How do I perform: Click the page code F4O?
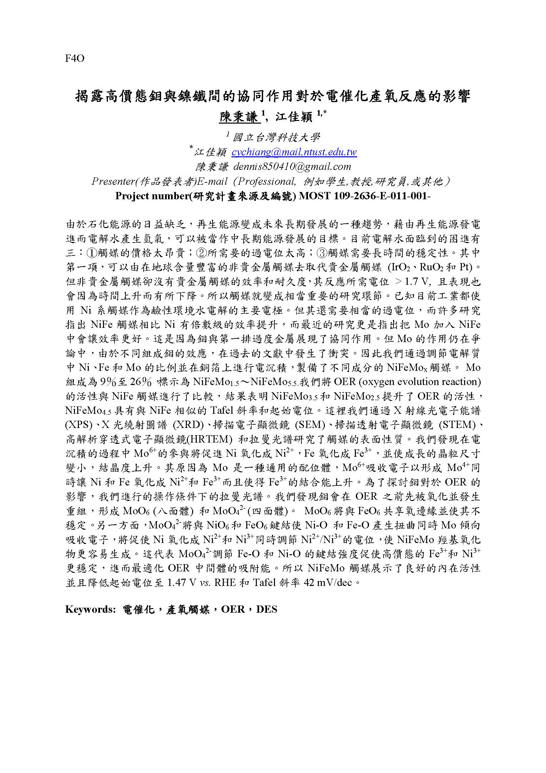[x=74, y=59]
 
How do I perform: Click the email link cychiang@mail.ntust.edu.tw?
[x=294, y=152]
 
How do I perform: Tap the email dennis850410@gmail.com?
[x=291, y=167]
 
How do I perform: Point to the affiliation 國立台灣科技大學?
[x=276, y=137]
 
